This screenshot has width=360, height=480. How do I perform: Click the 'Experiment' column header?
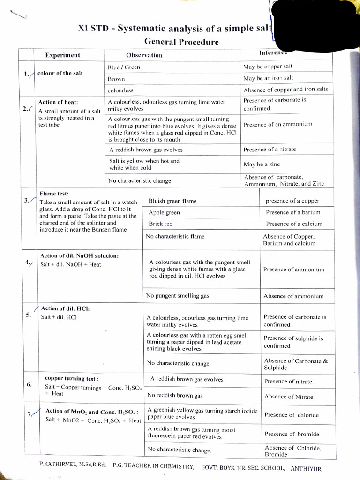tap(62, 55)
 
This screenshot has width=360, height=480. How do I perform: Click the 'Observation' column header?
tap(144, 55)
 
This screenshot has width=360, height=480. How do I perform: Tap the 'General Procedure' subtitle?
tap(181, 42)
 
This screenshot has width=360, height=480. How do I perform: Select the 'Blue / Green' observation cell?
tap(124, 67)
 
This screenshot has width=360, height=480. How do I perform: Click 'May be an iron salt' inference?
tap(269, 78)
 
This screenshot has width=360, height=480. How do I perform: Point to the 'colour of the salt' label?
tap(60, 73)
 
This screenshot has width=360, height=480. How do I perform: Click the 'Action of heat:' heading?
tap(58, 102)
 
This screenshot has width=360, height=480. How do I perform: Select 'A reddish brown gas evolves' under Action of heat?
tap(146, 150)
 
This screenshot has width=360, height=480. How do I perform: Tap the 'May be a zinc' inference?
tap(262, 165)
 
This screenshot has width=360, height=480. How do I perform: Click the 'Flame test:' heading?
tap(54, 193)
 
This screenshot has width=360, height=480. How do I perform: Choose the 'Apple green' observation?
tap(164, 212)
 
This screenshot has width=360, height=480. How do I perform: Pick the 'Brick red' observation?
tap(160, 224)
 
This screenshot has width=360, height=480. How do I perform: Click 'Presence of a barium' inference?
tap(293, 212)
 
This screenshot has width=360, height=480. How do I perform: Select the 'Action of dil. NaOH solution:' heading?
tap(79, 256)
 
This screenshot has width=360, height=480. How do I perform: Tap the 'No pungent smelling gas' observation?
tap(178, 296)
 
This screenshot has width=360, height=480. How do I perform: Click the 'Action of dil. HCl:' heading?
tap(65, 308)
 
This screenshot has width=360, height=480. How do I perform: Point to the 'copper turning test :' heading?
tap(72, 378)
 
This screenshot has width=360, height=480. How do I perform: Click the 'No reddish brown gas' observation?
tap(175, 395)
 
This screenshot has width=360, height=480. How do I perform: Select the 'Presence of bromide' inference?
tap(292, 434)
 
